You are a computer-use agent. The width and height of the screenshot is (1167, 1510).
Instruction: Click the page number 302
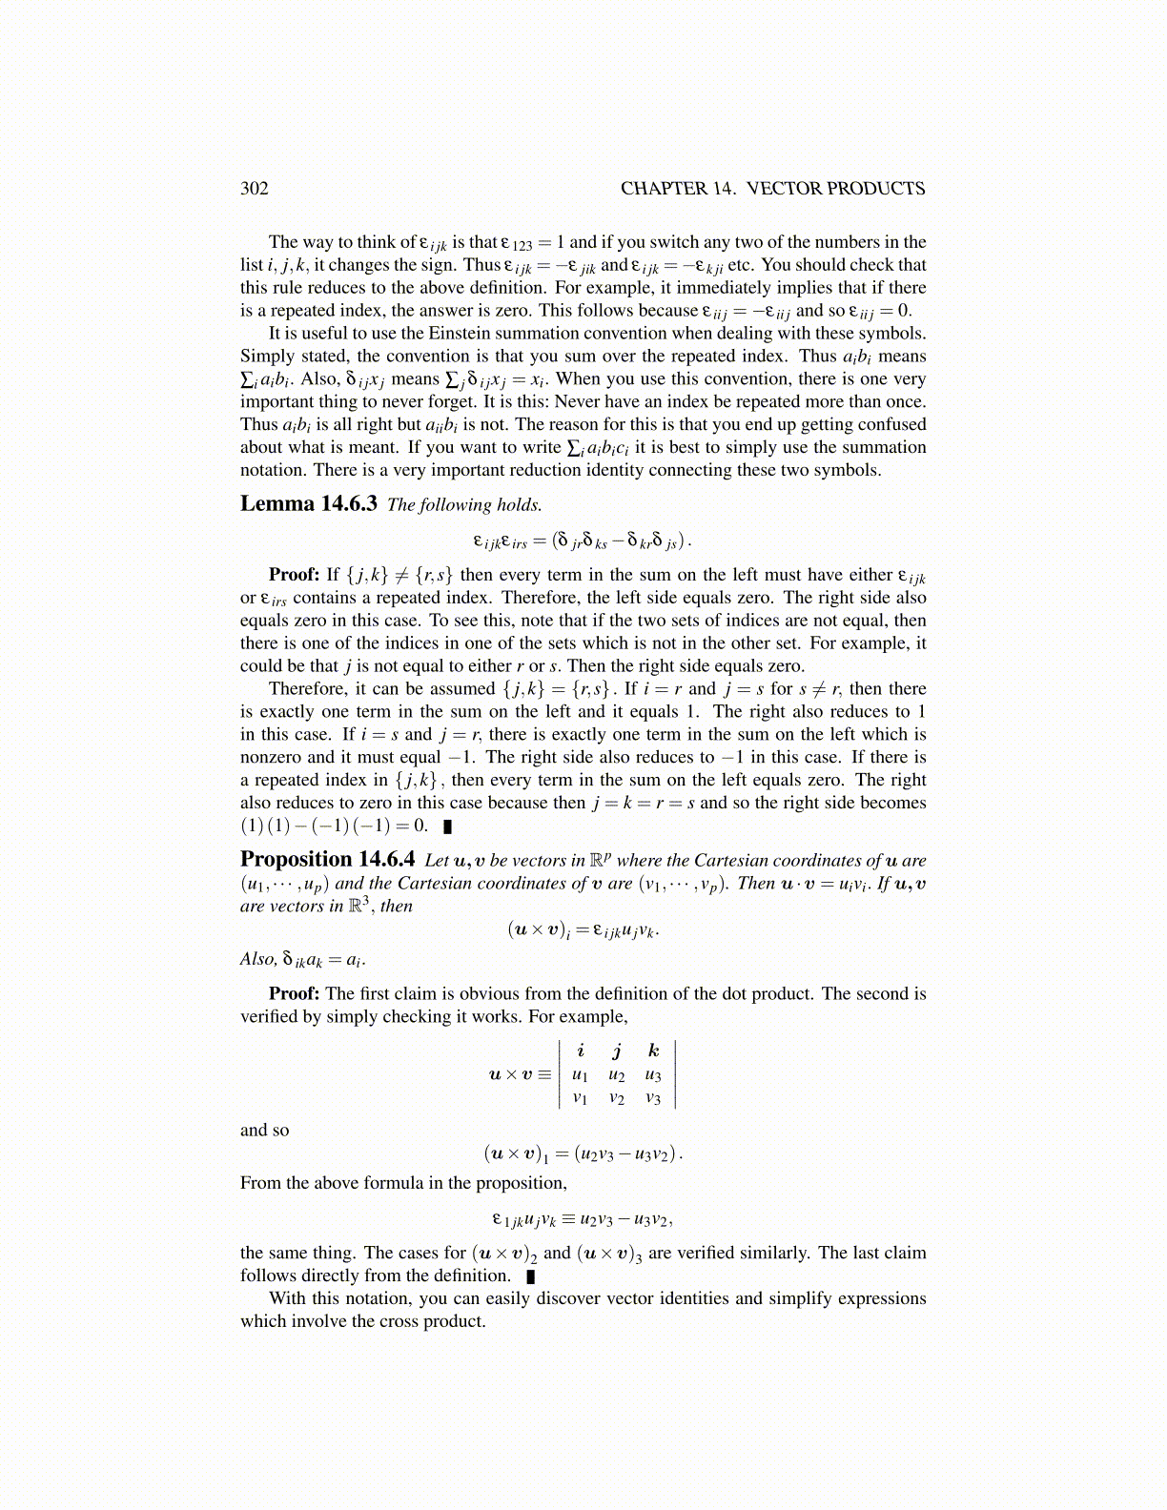(255, 188)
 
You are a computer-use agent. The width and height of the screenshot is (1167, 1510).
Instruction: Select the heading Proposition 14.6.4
(327, 859)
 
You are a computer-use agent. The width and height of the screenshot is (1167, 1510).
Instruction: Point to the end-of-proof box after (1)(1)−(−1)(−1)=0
(447, 826)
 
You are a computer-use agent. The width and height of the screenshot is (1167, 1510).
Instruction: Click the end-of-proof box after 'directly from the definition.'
(530, 1276)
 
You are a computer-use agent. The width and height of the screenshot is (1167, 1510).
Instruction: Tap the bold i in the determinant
(581, 1051)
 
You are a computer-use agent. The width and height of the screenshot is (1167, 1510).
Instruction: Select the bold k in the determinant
(653, 1051)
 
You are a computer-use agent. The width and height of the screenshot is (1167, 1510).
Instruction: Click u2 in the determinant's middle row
(617, 1075)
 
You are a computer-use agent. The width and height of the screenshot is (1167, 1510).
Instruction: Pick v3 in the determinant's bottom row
(653, 1098)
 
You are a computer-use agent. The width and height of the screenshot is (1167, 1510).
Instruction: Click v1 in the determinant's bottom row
(580, 1098)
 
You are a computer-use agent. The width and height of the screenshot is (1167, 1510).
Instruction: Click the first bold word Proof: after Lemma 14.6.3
(294, 574)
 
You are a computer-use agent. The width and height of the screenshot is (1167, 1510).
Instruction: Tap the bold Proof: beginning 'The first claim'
(294, 993)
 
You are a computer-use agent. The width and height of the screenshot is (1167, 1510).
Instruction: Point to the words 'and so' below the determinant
(264, 1130)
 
